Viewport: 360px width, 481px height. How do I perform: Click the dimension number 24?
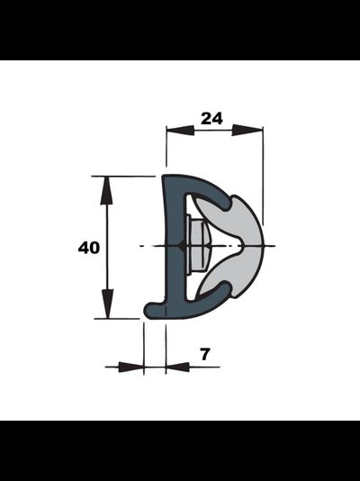point(211,118)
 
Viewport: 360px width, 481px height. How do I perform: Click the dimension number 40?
point(89,248)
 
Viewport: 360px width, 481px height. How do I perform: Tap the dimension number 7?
point(205,354)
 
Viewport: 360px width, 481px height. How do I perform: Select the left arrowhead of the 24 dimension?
point(180,131)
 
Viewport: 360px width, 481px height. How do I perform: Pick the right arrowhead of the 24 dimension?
point(247,130)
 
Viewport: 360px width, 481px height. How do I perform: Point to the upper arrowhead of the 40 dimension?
point(106,190)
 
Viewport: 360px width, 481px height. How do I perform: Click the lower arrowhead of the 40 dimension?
point(107,304)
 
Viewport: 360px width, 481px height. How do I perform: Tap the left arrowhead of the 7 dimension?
point(130,367)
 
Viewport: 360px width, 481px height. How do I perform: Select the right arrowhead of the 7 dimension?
point(177,367)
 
